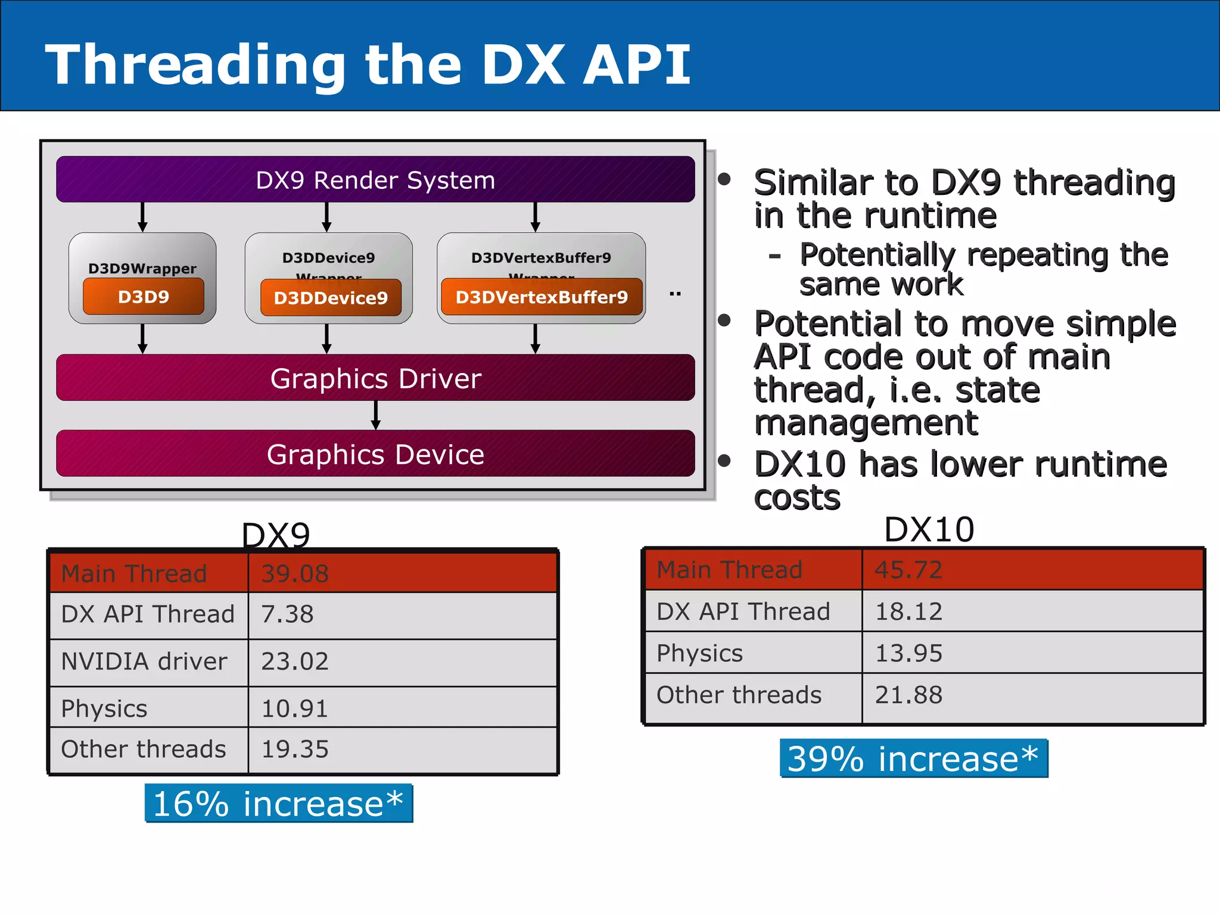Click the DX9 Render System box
pos(375,179)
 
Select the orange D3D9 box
pos(144,297)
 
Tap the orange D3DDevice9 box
pos(331,297)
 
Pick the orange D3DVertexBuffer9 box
pos(541,297)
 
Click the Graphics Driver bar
pos(375,378)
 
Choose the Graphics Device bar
pos(375,454)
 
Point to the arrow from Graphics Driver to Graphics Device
pos(375,415)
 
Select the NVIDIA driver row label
pos(144,661)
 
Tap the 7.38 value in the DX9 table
pos(287,614)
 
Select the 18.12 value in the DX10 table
pos(908,611)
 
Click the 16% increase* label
pos(278,803)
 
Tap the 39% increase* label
pos(913,758)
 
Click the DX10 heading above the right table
pos(929,529)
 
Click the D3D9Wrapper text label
pos(142,269)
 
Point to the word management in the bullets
pos(866,423)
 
